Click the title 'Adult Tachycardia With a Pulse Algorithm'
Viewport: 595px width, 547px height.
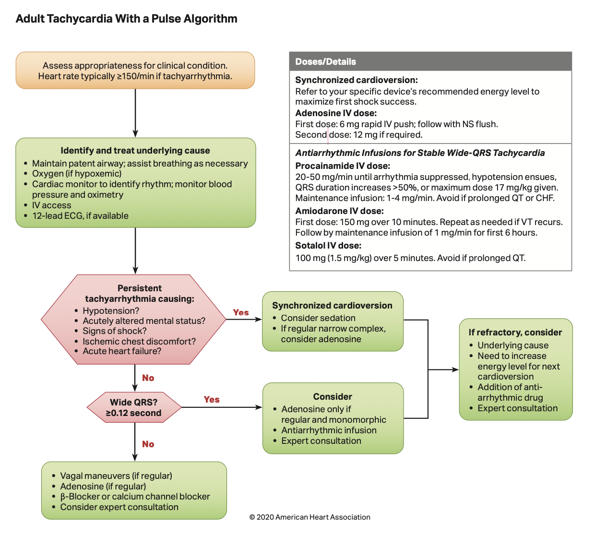coord(126,19)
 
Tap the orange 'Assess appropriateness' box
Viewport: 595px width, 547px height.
coord(135,71)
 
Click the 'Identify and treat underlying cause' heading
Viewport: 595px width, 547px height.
coord(135,151)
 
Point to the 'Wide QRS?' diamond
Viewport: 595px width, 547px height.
coord(134,407)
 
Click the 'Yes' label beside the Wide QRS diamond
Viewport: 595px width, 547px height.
coord(212,400)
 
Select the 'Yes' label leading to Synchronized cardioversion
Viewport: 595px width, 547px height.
coord(241,312)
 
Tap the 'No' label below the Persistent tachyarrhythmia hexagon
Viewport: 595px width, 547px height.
coord(148,378)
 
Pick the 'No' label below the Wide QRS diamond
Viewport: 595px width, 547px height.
coord(148,444)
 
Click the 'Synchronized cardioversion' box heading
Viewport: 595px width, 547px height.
coord(332,306)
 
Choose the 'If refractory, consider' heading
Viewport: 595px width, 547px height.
coord(515,333)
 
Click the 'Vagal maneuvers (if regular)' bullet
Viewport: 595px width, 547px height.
coord(116,476)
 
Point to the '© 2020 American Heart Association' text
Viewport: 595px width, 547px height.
coord(310,517)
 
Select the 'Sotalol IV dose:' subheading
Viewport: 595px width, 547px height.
coord(328,246)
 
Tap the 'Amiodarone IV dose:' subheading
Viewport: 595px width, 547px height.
coord(339,211)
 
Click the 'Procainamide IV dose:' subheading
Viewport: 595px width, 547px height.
coord(343,166)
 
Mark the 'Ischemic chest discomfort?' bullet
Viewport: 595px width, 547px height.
coord(139,341)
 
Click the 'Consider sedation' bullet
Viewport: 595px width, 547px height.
coord(318,318)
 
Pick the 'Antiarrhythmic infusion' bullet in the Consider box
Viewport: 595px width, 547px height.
coord(329,430)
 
